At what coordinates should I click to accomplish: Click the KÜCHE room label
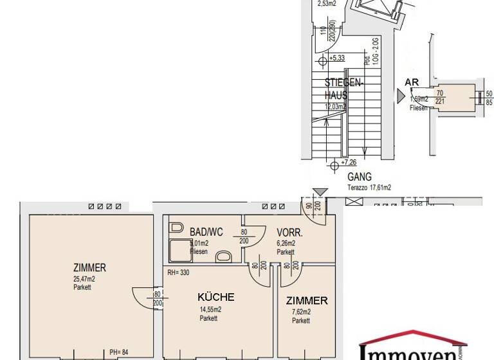(215, 297)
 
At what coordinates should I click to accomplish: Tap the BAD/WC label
(206, 232)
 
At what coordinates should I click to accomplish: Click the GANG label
(360, 177)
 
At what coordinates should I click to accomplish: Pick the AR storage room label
(412, 82)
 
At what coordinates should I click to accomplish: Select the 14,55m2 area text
(210, 309)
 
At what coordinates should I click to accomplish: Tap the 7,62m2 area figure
(301, 312)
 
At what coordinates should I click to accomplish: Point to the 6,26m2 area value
(286, 243)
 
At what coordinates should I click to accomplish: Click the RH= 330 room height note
(179, 273)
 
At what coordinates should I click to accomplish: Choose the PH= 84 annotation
(120, 352)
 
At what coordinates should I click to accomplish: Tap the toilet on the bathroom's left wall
(176, 228)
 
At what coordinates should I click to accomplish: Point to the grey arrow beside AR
(401, 96)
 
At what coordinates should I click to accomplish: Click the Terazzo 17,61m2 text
(369, 188)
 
